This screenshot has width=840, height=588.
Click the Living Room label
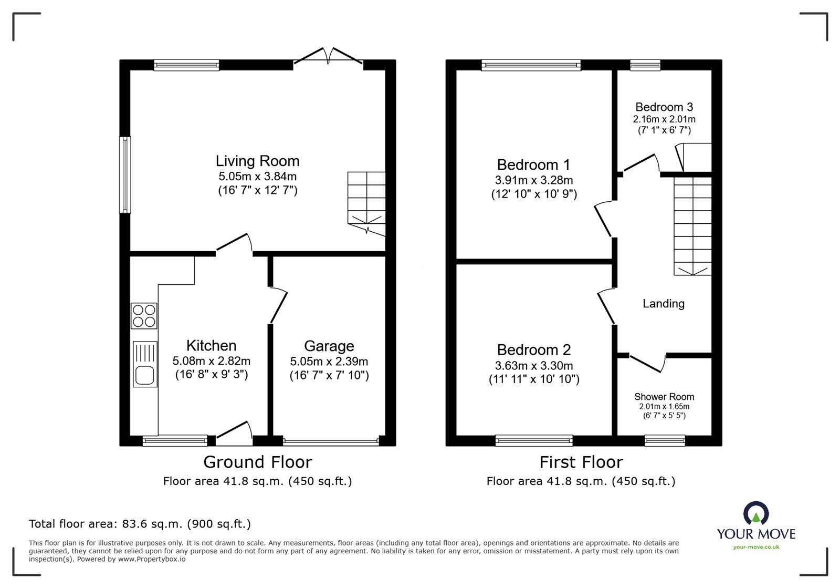click(257, 161)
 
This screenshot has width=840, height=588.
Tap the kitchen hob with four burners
click(144, 316)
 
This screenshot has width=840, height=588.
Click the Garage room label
click(329, 346)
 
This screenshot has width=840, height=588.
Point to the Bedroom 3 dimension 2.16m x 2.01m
click(664, 119)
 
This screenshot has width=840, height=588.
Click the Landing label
click(663, 304)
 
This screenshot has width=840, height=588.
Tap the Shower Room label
click(664, 397)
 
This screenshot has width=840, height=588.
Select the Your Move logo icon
click(756, 513)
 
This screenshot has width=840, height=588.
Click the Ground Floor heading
click(257, 462)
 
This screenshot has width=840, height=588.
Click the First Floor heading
click(581, 462)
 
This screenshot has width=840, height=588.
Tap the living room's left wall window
click(124, 174)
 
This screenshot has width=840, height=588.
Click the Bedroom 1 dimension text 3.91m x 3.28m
click(533, 180)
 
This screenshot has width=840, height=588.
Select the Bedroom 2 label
click(533, 349)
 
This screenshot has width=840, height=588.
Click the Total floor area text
click(140, 524)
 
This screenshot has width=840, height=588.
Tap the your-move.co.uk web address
click(756, 548)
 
